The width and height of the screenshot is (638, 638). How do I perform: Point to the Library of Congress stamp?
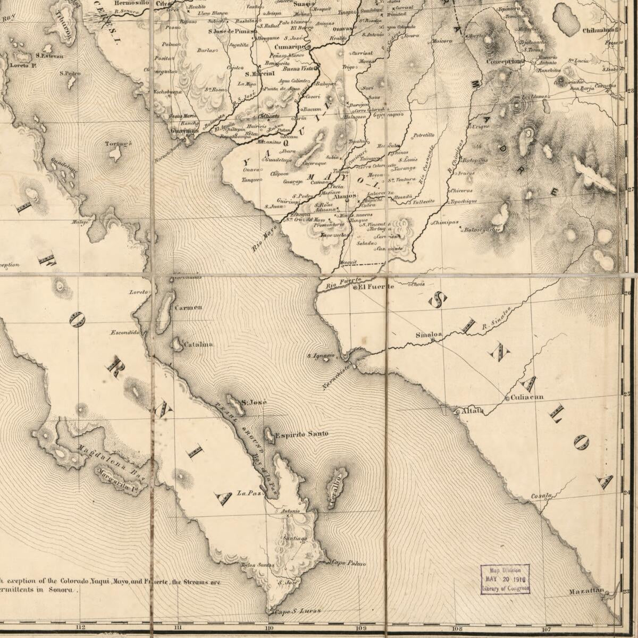coord(505,579)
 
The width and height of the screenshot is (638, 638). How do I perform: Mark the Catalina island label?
coord(198,345)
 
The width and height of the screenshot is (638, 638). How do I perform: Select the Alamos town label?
coord(346,196)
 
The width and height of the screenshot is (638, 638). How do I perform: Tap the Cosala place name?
coord(541,496)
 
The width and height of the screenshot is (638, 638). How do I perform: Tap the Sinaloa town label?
coord(429,334)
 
